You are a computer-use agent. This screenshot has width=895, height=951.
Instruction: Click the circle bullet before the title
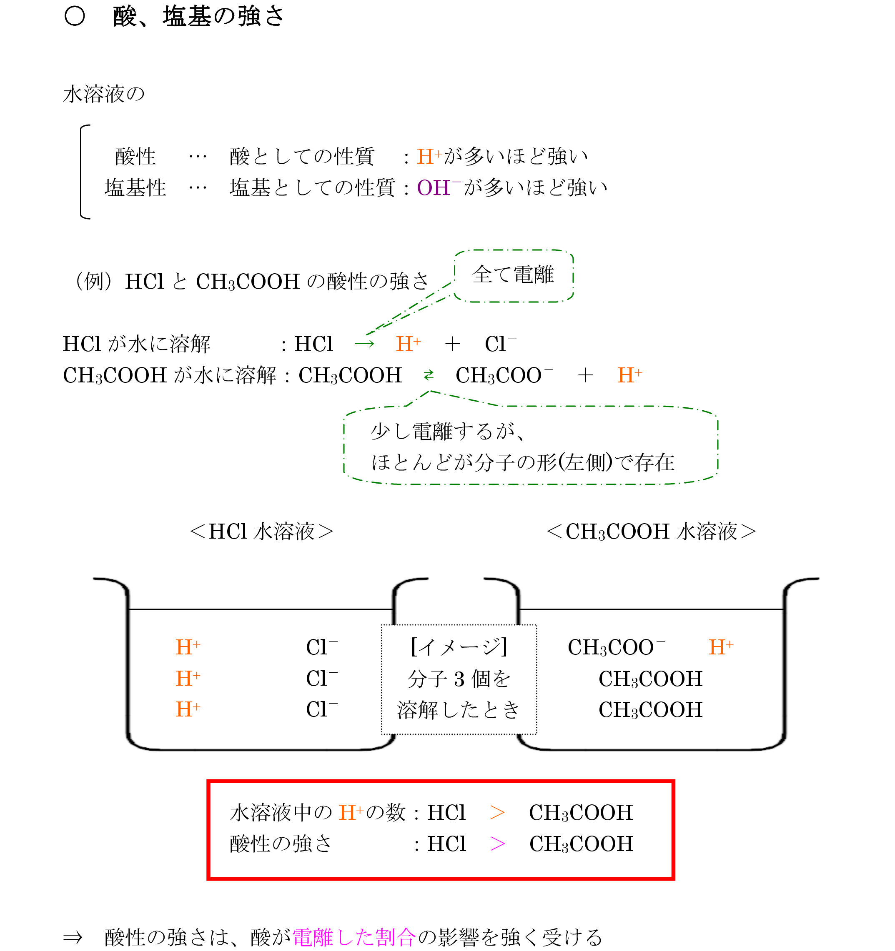(75, 17)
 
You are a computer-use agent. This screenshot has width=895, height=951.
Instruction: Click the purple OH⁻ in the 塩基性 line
(434, 187)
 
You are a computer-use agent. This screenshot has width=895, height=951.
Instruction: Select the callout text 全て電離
(513, 275)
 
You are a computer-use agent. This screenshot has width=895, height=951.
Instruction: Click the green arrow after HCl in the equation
(364, 344)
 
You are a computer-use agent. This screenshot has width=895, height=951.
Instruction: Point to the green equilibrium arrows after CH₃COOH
(429, 374)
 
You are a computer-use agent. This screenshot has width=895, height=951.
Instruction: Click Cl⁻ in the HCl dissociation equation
(500, 344)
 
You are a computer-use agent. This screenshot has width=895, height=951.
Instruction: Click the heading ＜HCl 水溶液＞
(261, 532)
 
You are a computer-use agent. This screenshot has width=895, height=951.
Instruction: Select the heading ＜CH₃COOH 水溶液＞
(651, 532)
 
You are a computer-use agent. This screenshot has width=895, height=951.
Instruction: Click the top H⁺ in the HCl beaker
(188, 647)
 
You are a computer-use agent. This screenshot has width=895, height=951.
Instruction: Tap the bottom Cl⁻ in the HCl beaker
(322, 709)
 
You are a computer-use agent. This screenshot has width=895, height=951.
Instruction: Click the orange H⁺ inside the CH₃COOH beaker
(721, 647)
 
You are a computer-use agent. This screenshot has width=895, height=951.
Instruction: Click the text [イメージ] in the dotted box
(459, 647)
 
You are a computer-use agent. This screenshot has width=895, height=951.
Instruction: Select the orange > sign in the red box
(497, 813)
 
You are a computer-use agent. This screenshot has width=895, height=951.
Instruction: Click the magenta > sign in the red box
(497, 844)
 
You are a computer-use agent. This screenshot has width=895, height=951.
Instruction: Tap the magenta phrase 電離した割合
(353, 937)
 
